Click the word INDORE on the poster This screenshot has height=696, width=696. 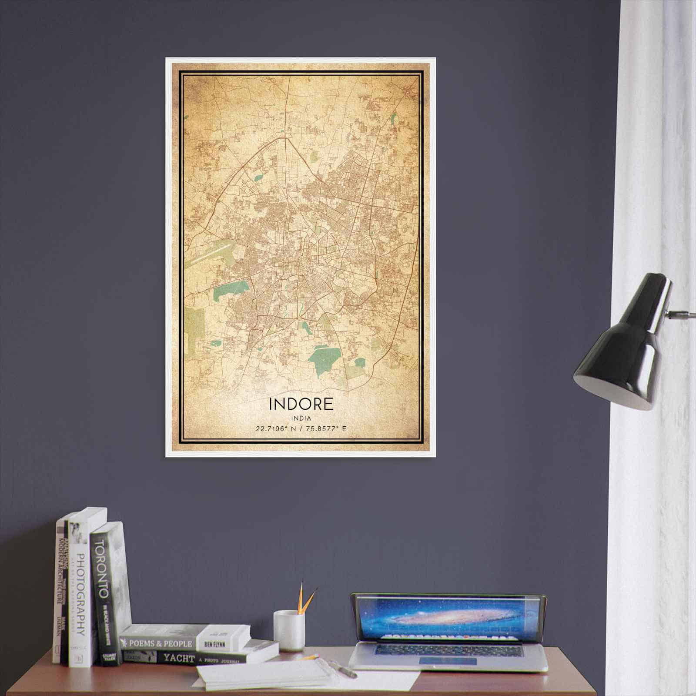(301, 404)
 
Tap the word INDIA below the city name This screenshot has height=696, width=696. (301, 418)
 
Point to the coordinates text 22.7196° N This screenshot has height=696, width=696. (272, 429)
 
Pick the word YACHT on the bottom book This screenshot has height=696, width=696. (179, 658)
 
